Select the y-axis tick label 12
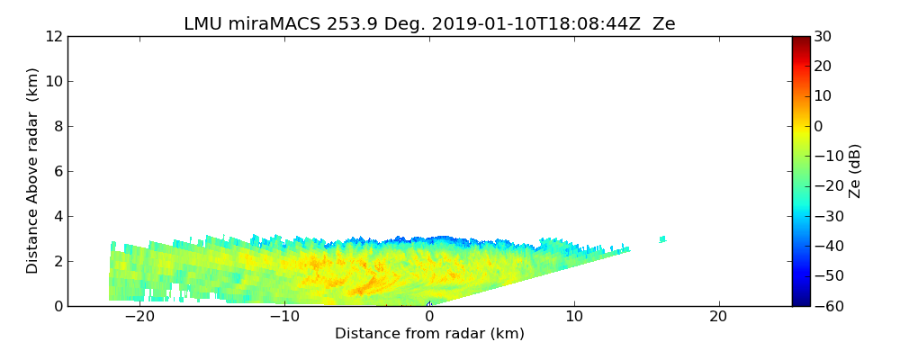click(x=53, y=36)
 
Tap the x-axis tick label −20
click(x=139, y=318)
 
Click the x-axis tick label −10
click(x=284, y=318)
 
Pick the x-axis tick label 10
click(x=574, y=318)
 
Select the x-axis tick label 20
click(x=718, y=318)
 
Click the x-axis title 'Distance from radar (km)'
click(x=429, y=334)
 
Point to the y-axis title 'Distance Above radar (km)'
click(x=33, y=171)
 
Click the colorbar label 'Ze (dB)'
click(x=855, y=171)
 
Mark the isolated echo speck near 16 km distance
click(x=662, y=238)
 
